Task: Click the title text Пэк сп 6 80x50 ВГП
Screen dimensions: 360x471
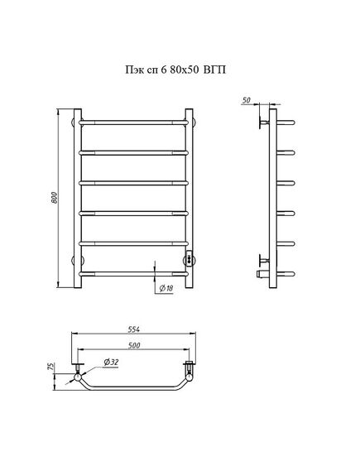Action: click(175, 70)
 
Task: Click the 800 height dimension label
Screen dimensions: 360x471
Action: click(54, 198)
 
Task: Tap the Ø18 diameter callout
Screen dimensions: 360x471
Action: click(166, 288)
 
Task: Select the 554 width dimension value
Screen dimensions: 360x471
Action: click(133, 329)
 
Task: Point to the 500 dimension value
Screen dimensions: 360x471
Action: click(134, 345)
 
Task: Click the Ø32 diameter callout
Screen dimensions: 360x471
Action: click(111, 363)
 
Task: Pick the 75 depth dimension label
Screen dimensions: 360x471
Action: click(51, 367)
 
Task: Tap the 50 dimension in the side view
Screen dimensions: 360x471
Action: click(246, 100)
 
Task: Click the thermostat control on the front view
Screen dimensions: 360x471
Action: click(190, 258)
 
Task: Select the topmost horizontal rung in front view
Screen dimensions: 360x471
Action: click(133, 123)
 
